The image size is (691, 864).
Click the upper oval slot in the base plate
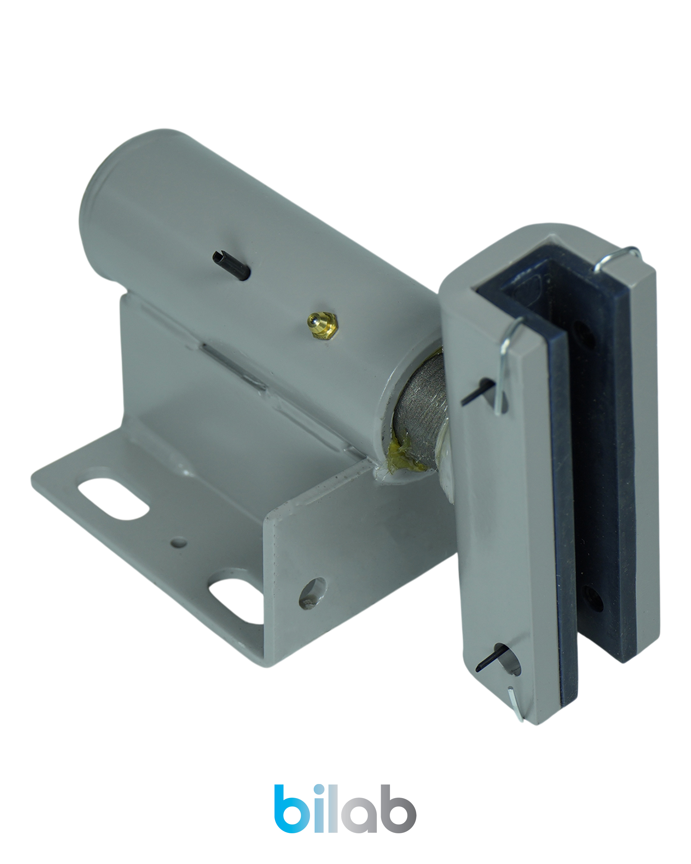pos(113,499)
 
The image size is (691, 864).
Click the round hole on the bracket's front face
pos(313,593)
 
